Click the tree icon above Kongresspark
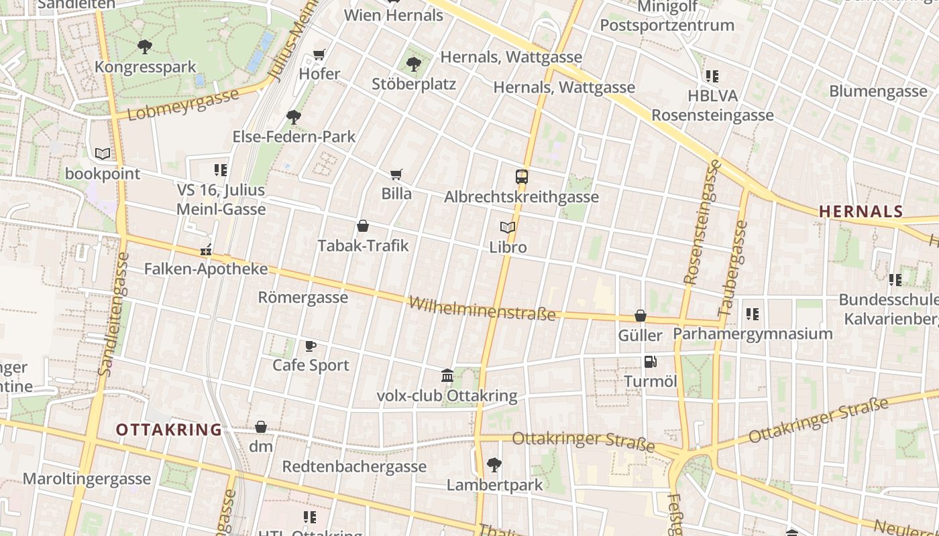point(144,47)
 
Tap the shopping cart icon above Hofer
point(319,54)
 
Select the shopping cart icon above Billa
point(396,174)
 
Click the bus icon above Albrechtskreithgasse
point(521,177)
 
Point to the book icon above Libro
point(508,228)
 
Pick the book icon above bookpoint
point(103,154)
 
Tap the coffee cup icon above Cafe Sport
point(311,346)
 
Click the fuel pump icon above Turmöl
point(650,362)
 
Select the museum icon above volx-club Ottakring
point(447,375)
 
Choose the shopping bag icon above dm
point(261,427)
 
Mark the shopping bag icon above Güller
point(641,316)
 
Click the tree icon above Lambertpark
point(494,464)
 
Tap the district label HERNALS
point(861,212)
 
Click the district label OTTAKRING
point(168,429)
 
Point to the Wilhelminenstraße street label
point(482,308)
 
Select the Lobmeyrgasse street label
point(182,105)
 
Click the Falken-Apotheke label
point(206,269)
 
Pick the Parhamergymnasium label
point(753,333)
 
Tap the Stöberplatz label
point(414,84)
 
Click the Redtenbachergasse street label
point(354,466)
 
